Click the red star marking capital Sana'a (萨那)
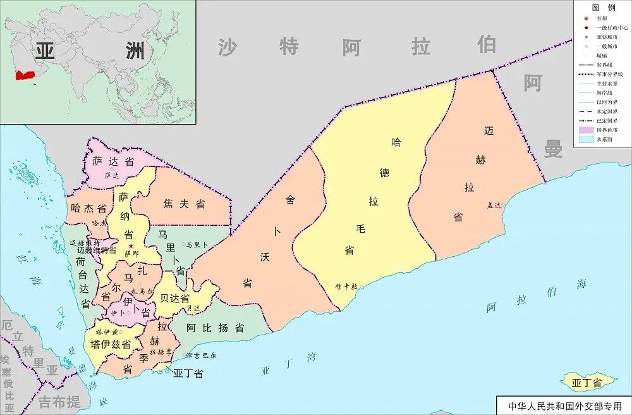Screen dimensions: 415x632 click(x=131, y=245)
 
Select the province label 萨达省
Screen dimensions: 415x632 click(x=113, y=161)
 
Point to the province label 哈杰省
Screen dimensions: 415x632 click(x=88, y=207)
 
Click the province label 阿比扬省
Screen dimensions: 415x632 click(x=216, y=328)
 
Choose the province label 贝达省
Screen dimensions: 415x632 click(x=175, y=297)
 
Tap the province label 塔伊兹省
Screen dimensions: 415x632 click(x=111, y=344)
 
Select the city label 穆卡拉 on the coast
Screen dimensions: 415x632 click(x=346, y=287)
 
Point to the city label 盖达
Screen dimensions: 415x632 click(x=493, y=206)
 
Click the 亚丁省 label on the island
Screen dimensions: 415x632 click(x=585, y=382)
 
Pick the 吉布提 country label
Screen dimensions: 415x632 click(x=59, y=401)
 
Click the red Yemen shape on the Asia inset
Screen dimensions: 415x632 click(x=27, y=75)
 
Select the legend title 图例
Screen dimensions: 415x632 click(x=603, y=8)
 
